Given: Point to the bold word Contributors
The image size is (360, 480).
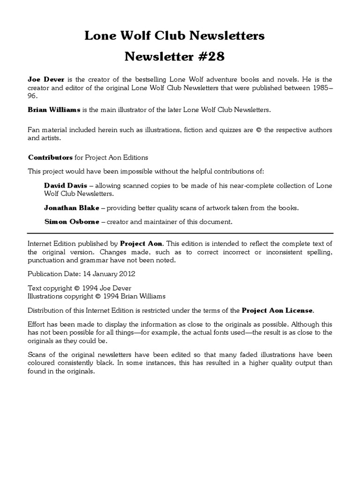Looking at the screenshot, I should click(50, 157).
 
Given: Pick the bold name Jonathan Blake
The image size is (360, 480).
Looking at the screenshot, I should click(72, 208).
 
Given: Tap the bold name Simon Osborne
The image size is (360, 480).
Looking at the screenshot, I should click(72, 222).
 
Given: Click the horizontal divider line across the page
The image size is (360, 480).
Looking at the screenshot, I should click(180, 233).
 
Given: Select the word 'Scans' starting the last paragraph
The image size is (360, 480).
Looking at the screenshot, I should click(37, 355).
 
